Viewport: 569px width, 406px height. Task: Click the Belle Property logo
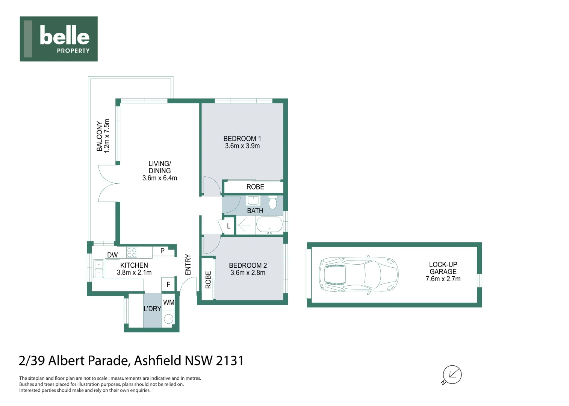[59, 39]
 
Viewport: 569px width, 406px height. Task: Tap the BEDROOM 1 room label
[242, 138]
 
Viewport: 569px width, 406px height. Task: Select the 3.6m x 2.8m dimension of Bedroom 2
[248, 273]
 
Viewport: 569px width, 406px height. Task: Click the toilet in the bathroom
[273, 203]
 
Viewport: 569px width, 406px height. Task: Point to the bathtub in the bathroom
[269, 225]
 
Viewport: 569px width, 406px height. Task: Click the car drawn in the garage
[358, 274]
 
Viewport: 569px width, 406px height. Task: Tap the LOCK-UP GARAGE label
[443, 268]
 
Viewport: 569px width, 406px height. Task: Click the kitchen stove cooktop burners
[132, 252]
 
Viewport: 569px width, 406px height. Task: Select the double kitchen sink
[99, 269]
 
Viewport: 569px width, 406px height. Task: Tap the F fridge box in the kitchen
[168, 285]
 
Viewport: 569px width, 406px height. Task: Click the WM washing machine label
[169, 302]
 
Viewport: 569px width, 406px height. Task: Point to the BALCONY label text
[99, 136]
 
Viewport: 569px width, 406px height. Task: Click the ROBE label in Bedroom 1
[255, 187]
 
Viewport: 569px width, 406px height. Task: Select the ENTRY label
[188, 265]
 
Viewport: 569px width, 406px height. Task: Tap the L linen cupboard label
[229, 226]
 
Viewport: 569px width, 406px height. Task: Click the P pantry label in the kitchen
[162, 251]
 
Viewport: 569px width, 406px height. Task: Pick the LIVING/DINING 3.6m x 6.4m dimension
[160, 178]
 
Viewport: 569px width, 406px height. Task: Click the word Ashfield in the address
[157, 361]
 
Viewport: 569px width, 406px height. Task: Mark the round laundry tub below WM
[169, 319]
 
